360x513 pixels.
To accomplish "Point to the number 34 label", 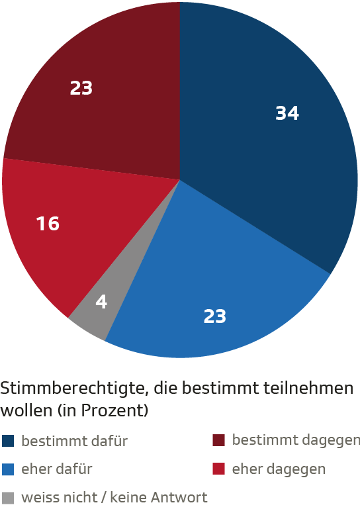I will pos(287,114).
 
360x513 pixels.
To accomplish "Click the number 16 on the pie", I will pos(48,224).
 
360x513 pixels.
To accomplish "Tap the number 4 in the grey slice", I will pos(101,302).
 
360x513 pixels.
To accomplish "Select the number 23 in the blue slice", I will pos(214,316).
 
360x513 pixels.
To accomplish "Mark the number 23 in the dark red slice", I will pos(81,87).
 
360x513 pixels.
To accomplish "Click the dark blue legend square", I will pos(8,441).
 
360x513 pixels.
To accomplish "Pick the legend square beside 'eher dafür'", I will pos(8,469).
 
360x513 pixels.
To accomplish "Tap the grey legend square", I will pos(8,497).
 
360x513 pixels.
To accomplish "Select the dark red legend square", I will pos(219,441).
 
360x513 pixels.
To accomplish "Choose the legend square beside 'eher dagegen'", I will pos(219,469).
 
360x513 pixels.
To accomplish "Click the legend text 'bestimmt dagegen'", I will pos(296,441).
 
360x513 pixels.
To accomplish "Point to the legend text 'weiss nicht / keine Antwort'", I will pos(114,497).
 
